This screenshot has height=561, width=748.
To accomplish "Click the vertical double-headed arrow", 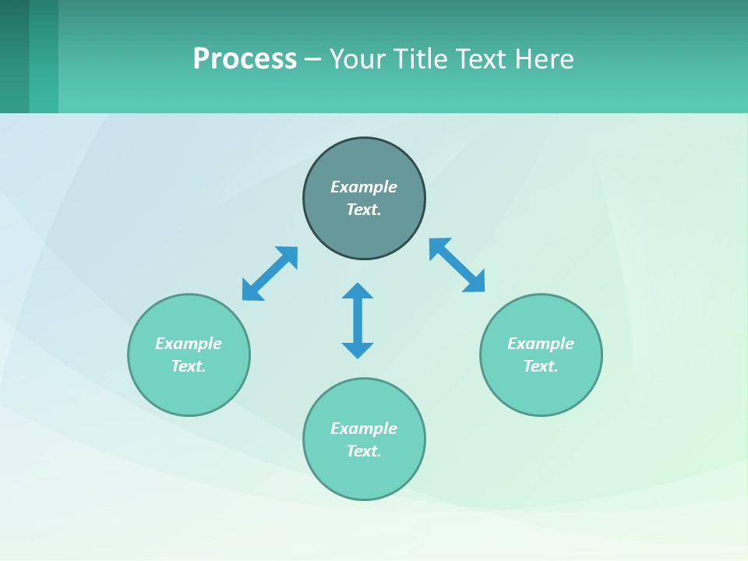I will tap(358, 320).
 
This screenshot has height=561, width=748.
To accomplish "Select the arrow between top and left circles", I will tap(270, 273).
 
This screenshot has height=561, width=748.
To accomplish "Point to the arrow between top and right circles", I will tap(457, 266).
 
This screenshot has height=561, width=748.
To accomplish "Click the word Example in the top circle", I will tap(364, 187).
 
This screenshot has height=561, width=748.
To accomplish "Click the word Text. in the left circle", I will tap(189, 366).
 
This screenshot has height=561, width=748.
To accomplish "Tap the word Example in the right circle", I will tap(541, 344).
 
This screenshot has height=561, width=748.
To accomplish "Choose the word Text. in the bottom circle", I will tap(364, 451).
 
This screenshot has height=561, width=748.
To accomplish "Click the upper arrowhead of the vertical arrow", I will tap(358, 291).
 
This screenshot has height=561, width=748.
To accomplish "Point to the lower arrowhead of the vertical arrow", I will tap(358, 350).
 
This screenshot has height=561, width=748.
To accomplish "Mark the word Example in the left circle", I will tap(189, 344).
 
